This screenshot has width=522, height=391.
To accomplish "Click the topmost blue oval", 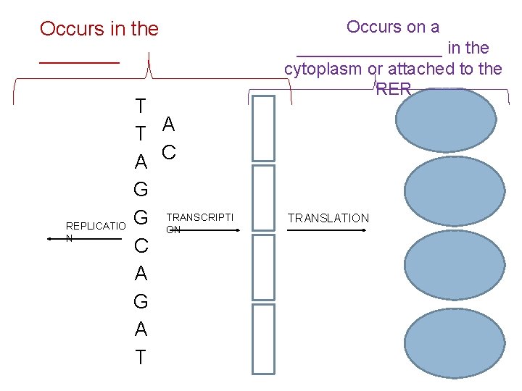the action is tap(446, 119).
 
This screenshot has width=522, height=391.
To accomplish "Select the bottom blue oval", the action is tap(455, 343).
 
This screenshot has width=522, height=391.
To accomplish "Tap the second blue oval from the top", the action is tap(455, 191).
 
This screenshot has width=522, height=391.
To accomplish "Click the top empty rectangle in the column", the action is tap(263, 128).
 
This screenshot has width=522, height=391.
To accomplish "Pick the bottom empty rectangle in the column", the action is tap(263, 339).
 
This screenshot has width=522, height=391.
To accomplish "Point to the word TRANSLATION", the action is tap(328, 218).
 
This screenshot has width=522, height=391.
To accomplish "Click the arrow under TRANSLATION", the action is tap(326, 230).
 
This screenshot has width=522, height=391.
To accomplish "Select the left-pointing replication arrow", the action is tap(85, 239).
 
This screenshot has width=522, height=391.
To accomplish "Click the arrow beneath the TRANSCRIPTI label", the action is tap(203, 230).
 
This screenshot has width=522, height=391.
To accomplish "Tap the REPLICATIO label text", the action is tap(96, 226).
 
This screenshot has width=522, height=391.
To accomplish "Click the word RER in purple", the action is tap(394, 89).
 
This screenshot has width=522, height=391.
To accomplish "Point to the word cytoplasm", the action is tap(323, 70).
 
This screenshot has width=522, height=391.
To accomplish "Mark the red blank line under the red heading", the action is tap(79, 62).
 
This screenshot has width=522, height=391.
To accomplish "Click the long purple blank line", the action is tap(369, 56).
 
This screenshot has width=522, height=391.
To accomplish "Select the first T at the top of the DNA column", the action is tap(141, 106).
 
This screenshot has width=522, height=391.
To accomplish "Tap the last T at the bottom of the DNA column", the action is tap(141, 357).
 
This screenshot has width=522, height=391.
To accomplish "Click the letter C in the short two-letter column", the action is tap(169, 153).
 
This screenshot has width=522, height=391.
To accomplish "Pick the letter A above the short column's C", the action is tap(168, 124).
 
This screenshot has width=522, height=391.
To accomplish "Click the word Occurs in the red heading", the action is tap(72, 28).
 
